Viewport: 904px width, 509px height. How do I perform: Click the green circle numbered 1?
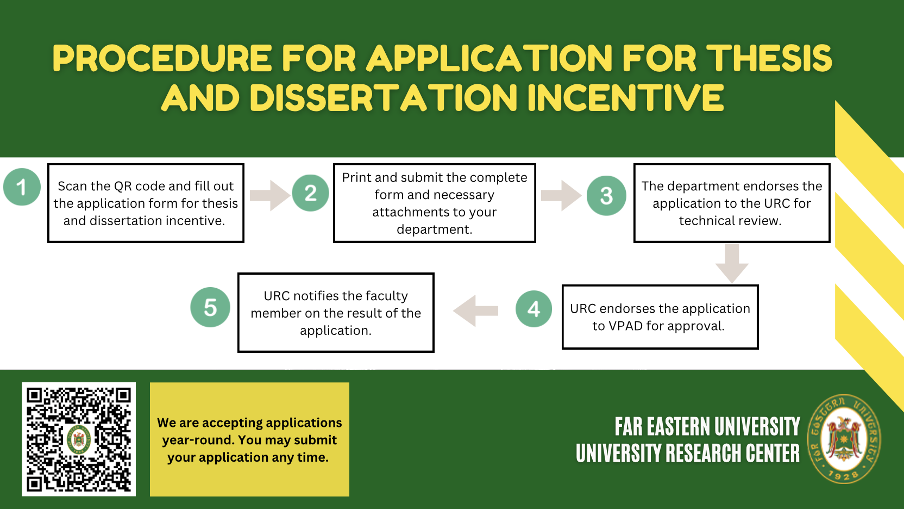click(22, 187)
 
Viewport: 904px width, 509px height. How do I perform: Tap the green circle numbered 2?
click(310, 193)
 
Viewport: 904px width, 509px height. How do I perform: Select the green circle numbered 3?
click(606, 196)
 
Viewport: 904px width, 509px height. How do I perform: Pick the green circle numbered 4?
click(533, 309)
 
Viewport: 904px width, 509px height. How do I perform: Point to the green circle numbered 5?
click(210, 307)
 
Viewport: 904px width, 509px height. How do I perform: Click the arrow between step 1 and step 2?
click(270, 196)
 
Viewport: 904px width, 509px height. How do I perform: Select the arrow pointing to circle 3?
click(561, 196)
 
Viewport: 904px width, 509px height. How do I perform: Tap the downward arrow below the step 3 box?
click(732, 263)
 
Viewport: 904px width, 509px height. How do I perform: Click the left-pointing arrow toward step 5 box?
click(475, 311)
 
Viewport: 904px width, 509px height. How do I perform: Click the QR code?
click(79, 439)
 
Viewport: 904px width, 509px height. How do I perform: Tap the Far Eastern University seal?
click(844, 439)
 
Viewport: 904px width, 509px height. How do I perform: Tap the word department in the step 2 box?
click(434, 229)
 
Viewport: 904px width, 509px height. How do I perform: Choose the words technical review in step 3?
click(730, 221)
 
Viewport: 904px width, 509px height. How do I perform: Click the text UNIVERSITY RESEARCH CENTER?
click(688, 453)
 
